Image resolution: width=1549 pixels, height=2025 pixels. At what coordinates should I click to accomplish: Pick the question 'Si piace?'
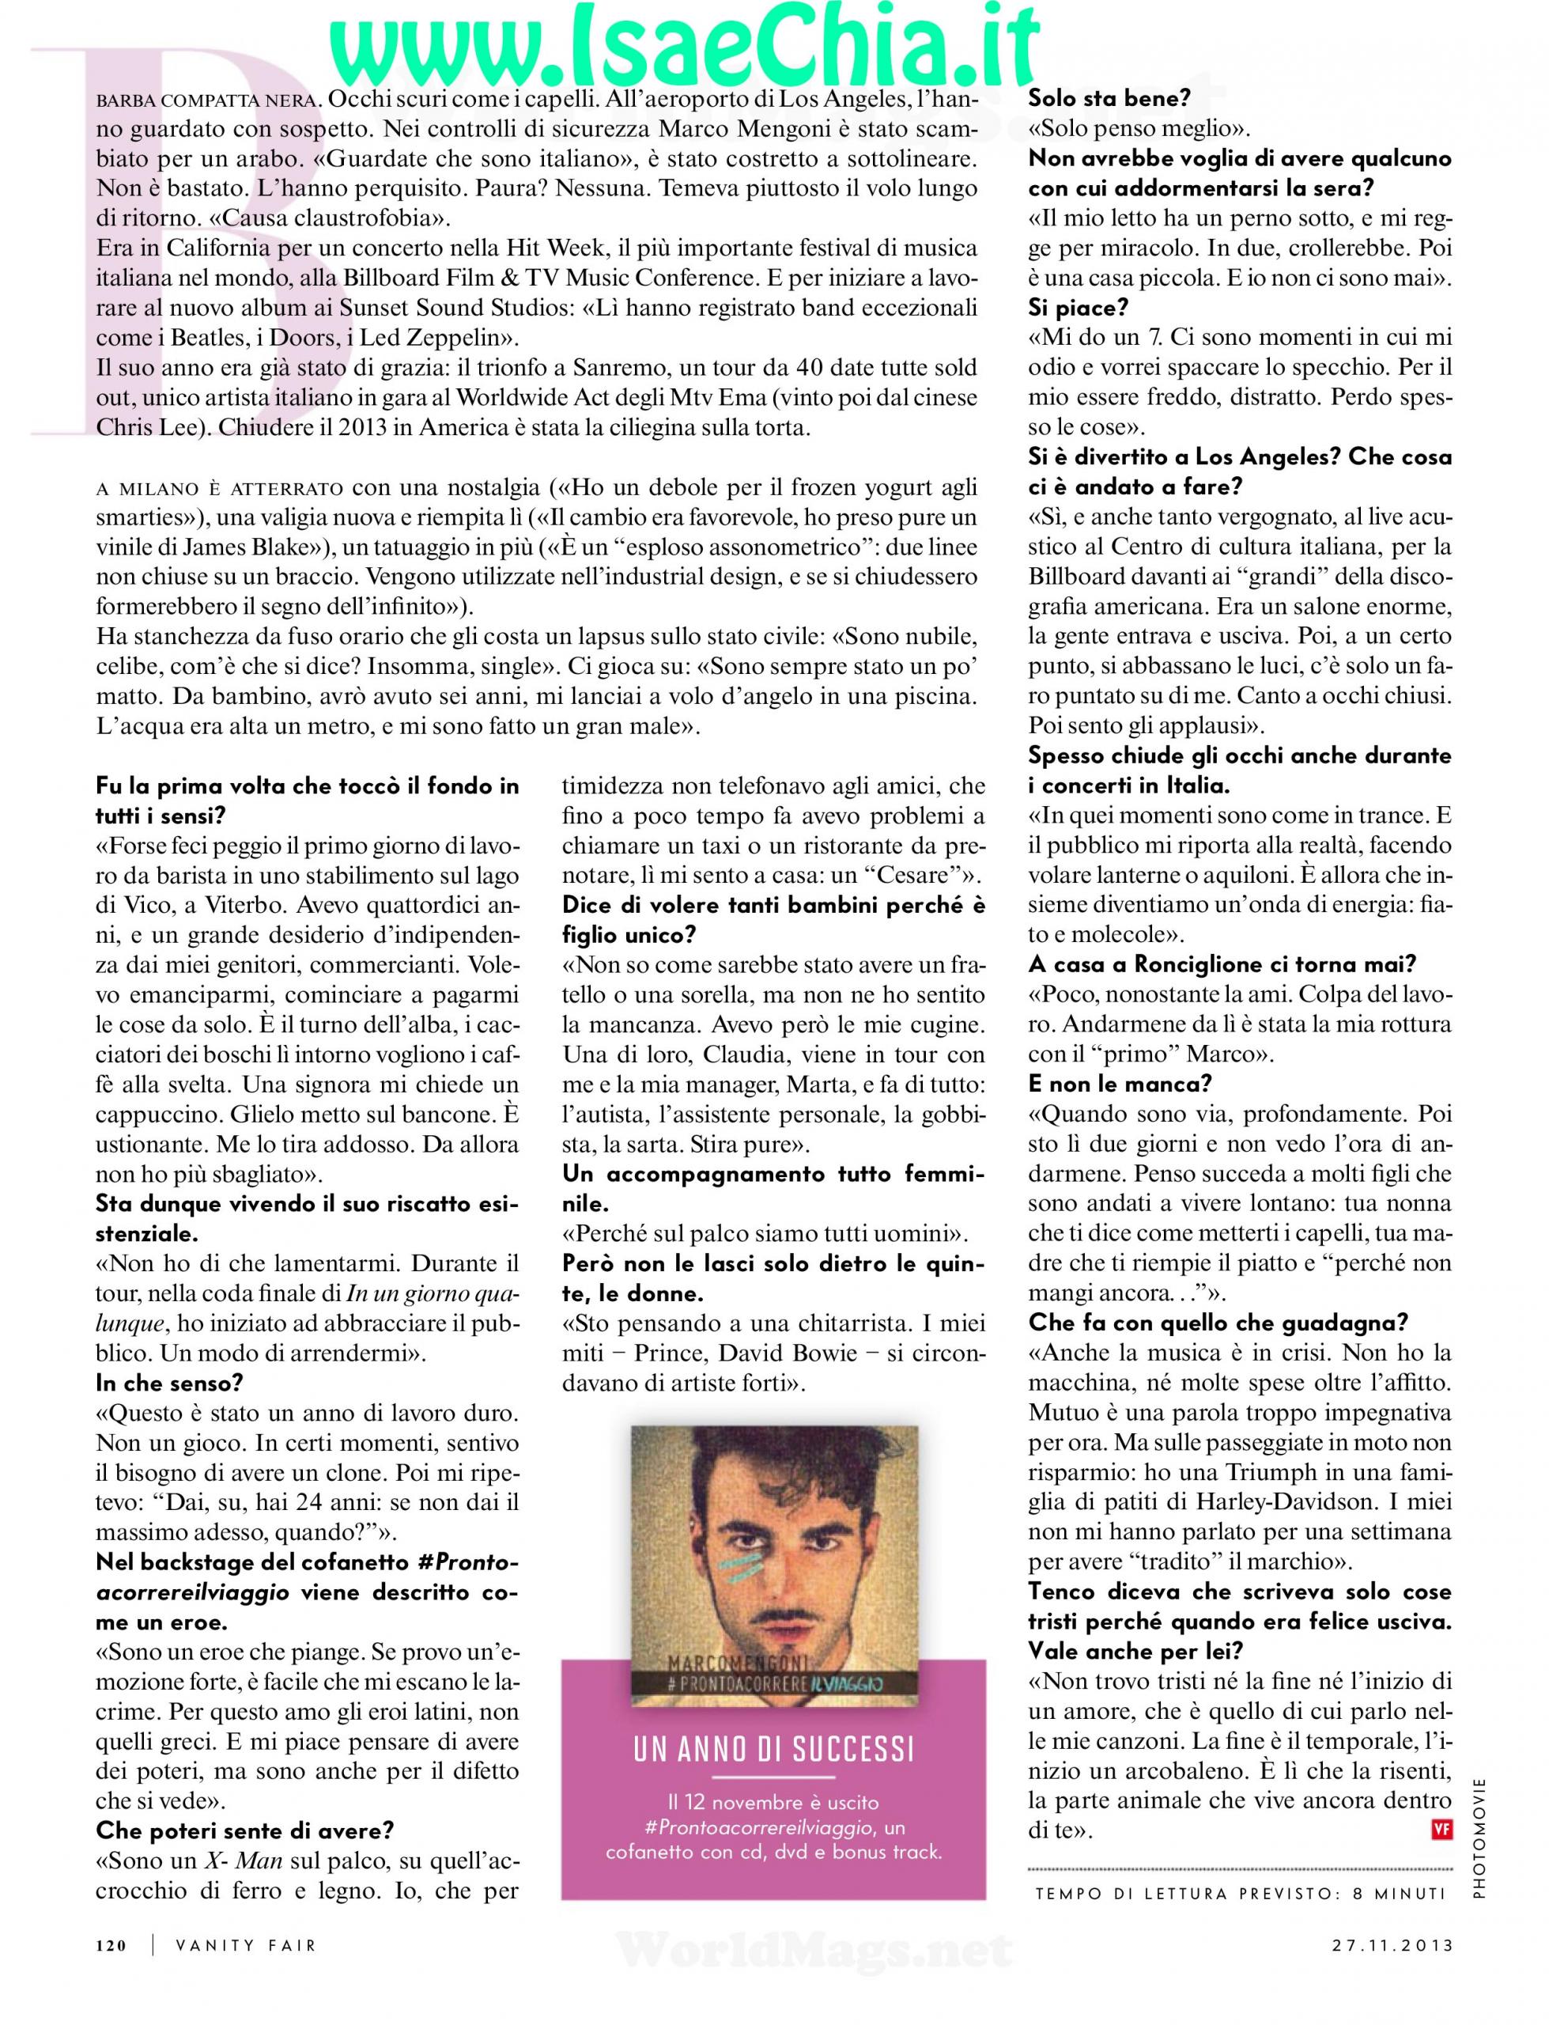click(1078, 307)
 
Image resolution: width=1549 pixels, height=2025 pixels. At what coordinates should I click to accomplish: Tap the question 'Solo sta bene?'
click(1109, 98)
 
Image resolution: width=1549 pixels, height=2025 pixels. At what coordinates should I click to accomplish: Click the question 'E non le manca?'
click(1120, 1084)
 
